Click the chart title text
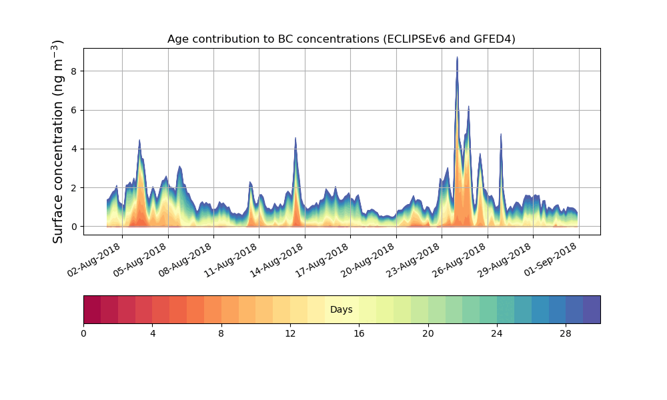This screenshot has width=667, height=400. [341, 39]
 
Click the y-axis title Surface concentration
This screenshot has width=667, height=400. [58, 141]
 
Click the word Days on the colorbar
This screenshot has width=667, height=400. [341, 310]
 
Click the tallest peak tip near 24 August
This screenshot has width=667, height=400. [457, 58]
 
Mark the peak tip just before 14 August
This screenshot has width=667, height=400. [295, 139]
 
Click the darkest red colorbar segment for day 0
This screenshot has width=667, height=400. [92, 309]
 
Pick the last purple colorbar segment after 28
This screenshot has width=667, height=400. [592, 309]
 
